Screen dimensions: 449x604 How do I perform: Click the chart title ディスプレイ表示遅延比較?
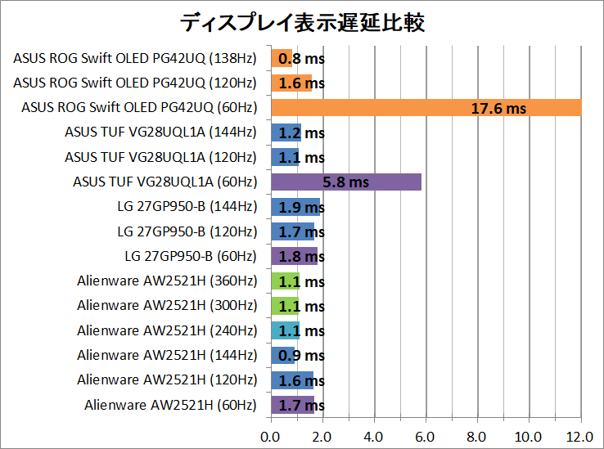(x=302, y=22)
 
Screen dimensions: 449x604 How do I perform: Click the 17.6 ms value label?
(x=498, y=108)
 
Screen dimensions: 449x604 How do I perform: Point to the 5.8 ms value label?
(x=346, y=182)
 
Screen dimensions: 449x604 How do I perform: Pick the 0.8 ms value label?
(x=301, y=59)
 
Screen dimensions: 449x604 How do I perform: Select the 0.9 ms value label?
(x=301, y=356)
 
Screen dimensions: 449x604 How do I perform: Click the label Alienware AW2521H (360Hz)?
(x=166, y=281)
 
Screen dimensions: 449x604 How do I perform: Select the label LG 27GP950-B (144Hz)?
(x=187, y=207)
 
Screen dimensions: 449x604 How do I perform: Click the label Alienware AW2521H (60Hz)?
(x=170, y=405)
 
